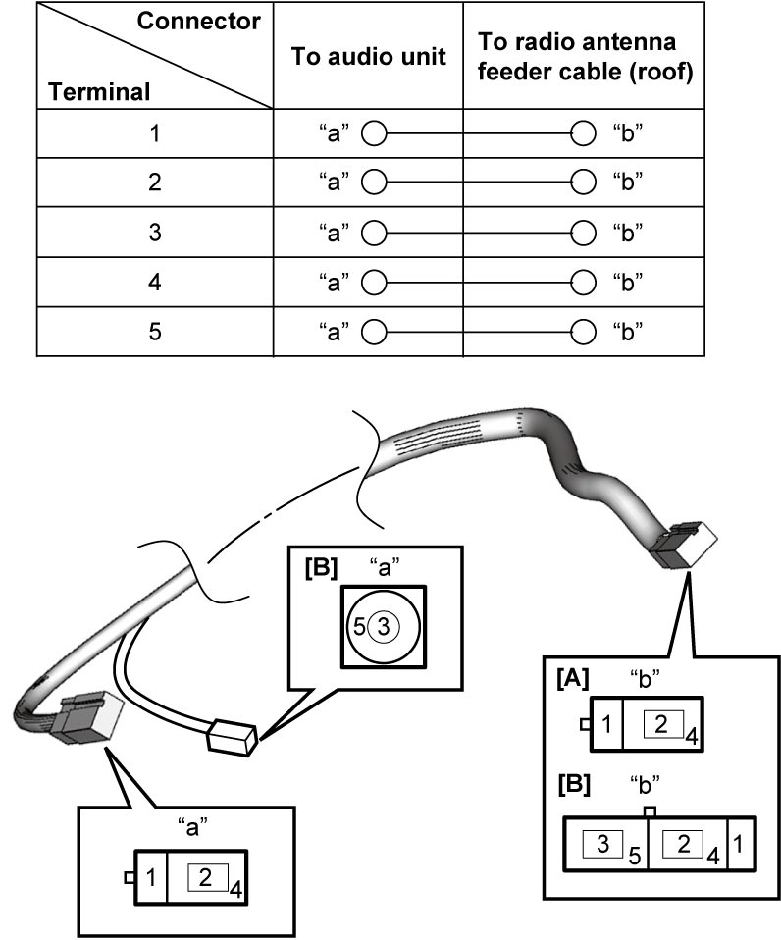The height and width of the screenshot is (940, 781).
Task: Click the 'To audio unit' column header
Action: [368, 56]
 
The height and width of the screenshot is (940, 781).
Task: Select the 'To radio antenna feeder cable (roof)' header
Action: [585, 56]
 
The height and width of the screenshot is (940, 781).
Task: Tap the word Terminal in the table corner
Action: [99, 91]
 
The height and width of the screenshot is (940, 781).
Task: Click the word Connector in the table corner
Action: [198, 21]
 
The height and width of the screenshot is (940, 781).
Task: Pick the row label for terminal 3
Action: [155, 232]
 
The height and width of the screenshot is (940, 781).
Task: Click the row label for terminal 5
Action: [155, 331]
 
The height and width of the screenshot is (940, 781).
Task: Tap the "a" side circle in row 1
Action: [374, 133]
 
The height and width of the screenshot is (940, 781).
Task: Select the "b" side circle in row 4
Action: [583, 282]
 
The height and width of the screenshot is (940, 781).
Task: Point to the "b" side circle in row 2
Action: [583, 182]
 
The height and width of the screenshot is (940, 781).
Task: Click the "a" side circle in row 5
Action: [374, 332]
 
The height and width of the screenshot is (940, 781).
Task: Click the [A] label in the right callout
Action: [572, 679]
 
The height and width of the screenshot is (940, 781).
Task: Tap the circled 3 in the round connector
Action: [384, 627]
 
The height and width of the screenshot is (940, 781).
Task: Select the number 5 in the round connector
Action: [359, 627]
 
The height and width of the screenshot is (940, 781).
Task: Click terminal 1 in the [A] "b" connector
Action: [606, 724]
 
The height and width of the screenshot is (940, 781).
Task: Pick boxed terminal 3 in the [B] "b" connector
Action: [603, 844]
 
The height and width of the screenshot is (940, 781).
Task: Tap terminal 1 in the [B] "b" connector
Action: [738, 844]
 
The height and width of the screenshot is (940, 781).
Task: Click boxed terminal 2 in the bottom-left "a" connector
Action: [206, 877]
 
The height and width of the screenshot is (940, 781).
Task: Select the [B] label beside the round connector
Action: [321, 567]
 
